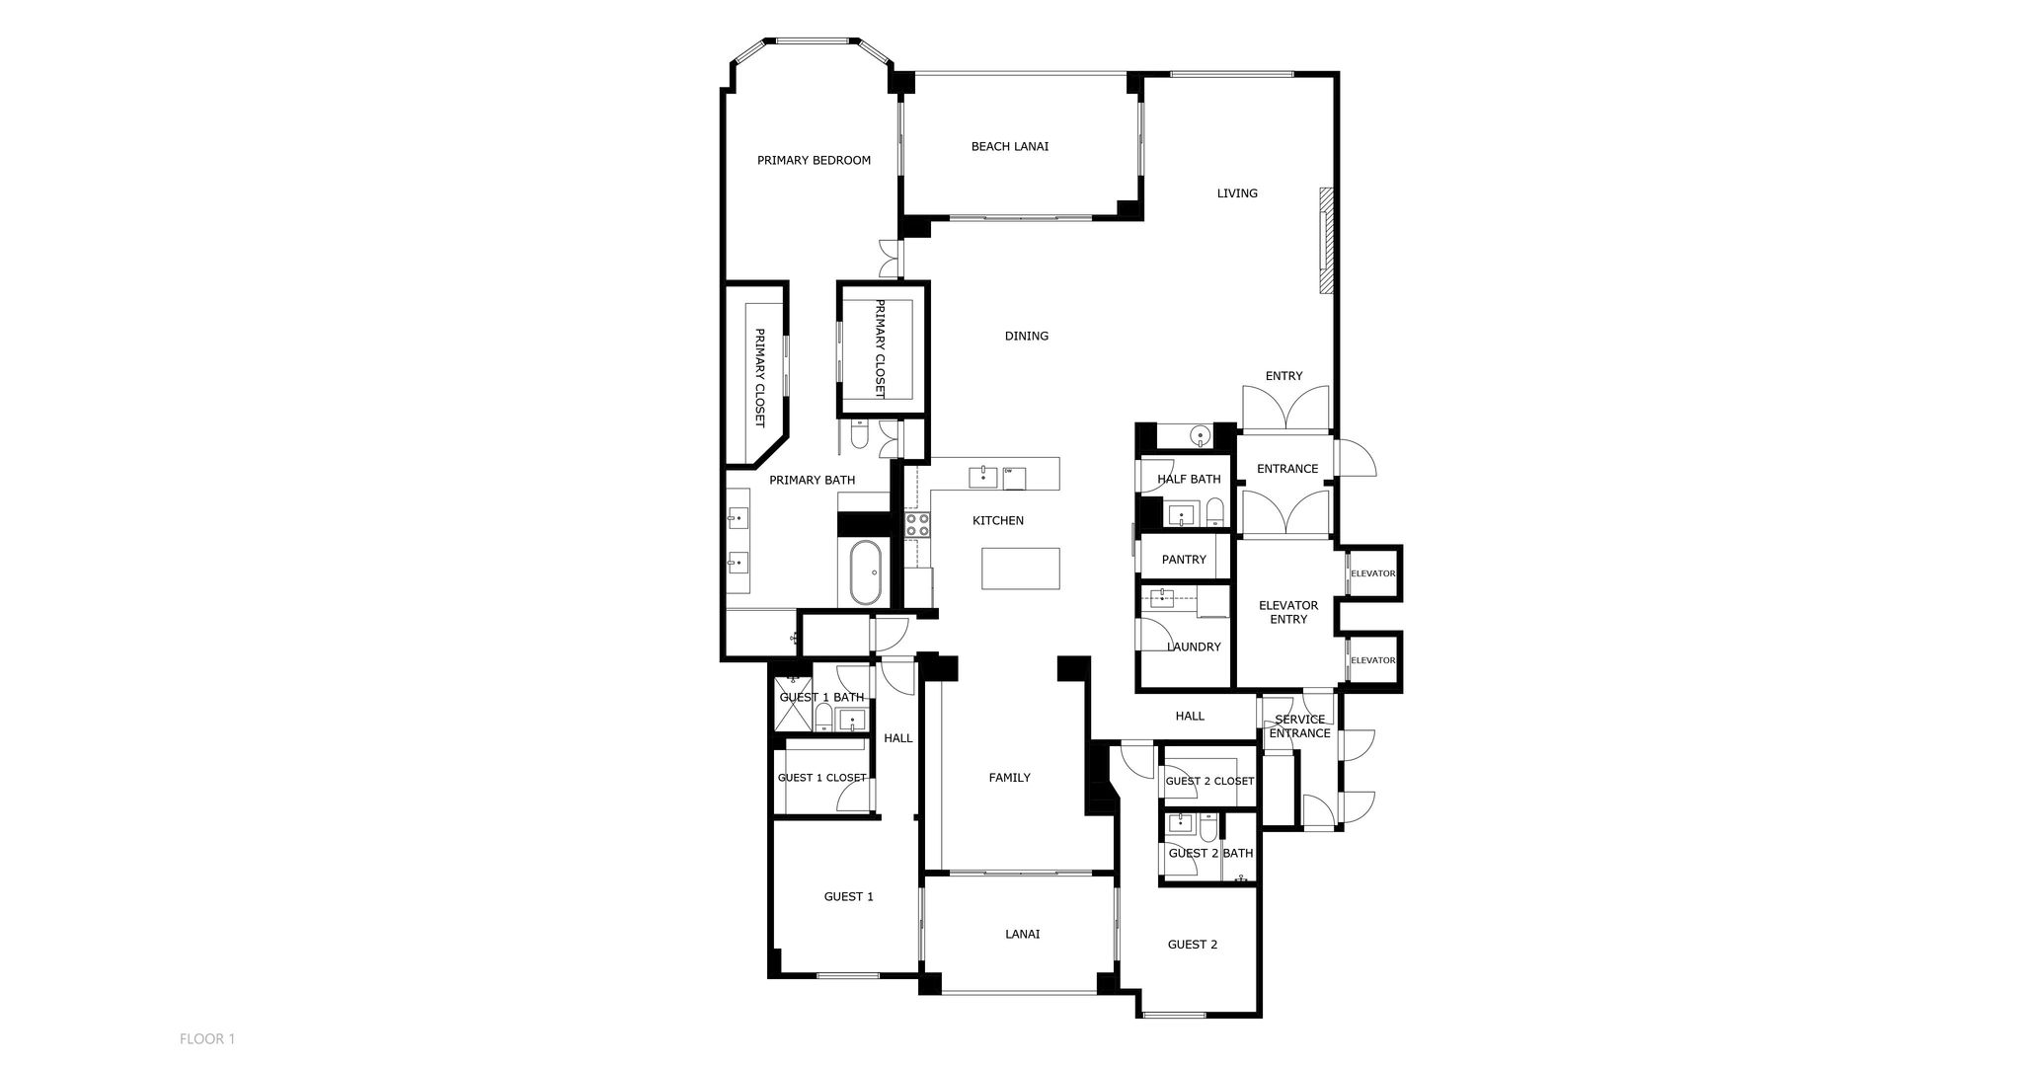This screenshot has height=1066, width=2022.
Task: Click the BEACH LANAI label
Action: point(1009,147)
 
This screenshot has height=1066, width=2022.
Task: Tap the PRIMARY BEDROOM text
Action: point(814,160)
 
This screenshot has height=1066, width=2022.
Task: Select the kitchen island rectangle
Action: point(1020,569)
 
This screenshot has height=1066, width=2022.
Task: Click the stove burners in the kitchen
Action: point(917,524)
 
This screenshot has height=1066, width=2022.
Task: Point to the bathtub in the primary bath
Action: point(866,572)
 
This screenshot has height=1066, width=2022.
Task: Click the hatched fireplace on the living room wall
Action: point(1327,240)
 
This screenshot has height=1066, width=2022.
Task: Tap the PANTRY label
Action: point(1184,560)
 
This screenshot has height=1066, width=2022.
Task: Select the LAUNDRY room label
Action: point(1194,647)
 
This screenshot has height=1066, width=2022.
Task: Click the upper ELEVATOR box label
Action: point(1372,573)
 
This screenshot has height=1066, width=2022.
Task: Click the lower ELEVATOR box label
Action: point(1372,660)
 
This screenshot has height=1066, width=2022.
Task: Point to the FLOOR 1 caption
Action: point(207,1038)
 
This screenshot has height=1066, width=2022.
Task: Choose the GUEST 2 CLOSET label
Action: point(1209,781)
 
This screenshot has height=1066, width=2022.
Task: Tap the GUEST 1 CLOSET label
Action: point(821,778)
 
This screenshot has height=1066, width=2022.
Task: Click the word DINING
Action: point(1026,337)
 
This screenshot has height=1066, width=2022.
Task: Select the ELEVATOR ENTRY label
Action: point(1287,612)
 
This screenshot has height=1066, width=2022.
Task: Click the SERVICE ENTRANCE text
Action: point(1299,726)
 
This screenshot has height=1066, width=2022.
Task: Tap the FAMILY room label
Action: point(1009,778)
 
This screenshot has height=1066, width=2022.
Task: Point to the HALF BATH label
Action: point(1189,480)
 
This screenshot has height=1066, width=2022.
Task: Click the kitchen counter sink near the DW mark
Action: point(983,477)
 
